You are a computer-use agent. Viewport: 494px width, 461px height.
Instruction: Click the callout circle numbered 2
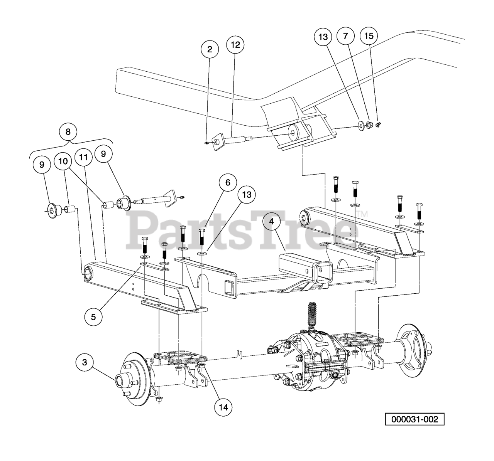210,49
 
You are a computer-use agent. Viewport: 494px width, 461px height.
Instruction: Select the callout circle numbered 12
235,45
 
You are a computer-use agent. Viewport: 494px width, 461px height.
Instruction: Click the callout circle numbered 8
68,132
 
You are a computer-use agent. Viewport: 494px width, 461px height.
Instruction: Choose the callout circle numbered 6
228,182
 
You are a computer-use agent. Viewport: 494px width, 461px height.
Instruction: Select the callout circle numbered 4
272,222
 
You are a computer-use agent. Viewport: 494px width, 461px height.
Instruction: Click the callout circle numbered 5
94,316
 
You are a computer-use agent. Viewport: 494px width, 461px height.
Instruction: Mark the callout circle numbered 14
223,407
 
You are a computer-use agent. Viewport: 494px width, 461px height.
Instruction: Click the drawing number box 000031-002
414,419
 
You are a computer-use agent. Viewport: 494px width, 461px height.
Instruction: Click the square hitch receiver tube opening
323,270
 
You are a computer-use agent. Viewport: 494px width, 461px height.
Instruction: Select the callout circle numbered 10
63,161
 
